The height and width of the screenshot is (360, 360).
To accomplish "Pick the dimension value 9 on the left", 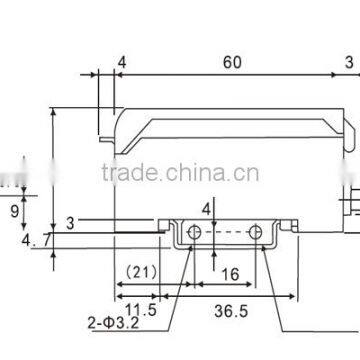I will [14, 210].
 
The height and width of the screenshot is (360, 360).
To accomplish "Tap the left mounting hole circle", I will [195, 233].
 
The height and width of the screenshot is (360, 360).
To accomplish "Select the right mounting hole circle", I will [258, 233].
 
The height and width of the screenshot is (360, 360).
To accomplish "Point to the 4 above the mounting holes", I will [207, 209].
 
